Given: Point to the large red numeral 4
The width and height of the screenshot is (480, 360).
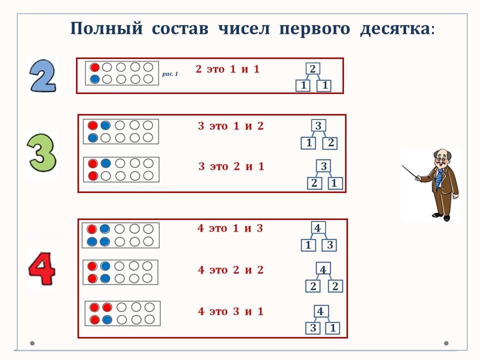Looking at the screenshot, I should click(41, 269).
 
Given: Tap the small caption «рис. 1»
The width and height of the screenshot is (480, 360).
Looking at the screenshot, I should click(170, 74).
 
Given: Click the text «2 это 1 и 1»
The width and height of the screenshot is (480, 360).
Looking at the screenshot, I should click(227, 69).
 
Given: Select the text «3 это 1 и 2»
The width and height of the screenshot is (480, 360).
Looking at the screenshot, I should click(230, 126).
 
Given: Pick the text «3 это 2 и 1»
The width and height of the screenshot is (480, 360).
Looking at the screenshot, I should click(231, 166).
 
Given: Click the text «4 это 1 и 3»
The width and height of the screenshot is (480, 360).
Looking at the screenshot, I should click(230, 228).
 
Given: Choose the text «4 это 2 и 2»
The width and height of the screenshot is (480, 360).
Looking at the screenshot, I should click(230, 270).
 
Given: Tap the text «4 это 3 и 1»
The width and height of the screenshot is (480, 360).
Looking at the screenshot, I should click(230, 311).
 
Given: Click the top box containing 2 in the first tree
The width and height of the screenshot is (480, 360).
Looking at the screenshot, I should click(312, 69).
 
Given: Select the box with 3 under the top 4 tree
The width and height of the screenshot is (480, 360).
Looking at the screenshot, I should click(330, 245).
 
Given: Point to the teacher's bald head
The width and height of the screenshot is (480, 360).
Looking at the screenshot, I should click(441, 153).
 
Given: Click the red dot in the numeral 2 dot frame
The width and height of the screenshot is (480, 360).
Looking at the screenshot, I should click(94, 67).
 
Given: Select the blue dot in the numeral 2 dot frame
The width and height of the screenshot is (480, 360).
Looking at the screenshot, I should click(94, 79).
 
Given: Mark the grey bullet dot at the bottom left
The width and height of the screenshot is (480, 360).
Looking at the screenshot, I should click(32, 343).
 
